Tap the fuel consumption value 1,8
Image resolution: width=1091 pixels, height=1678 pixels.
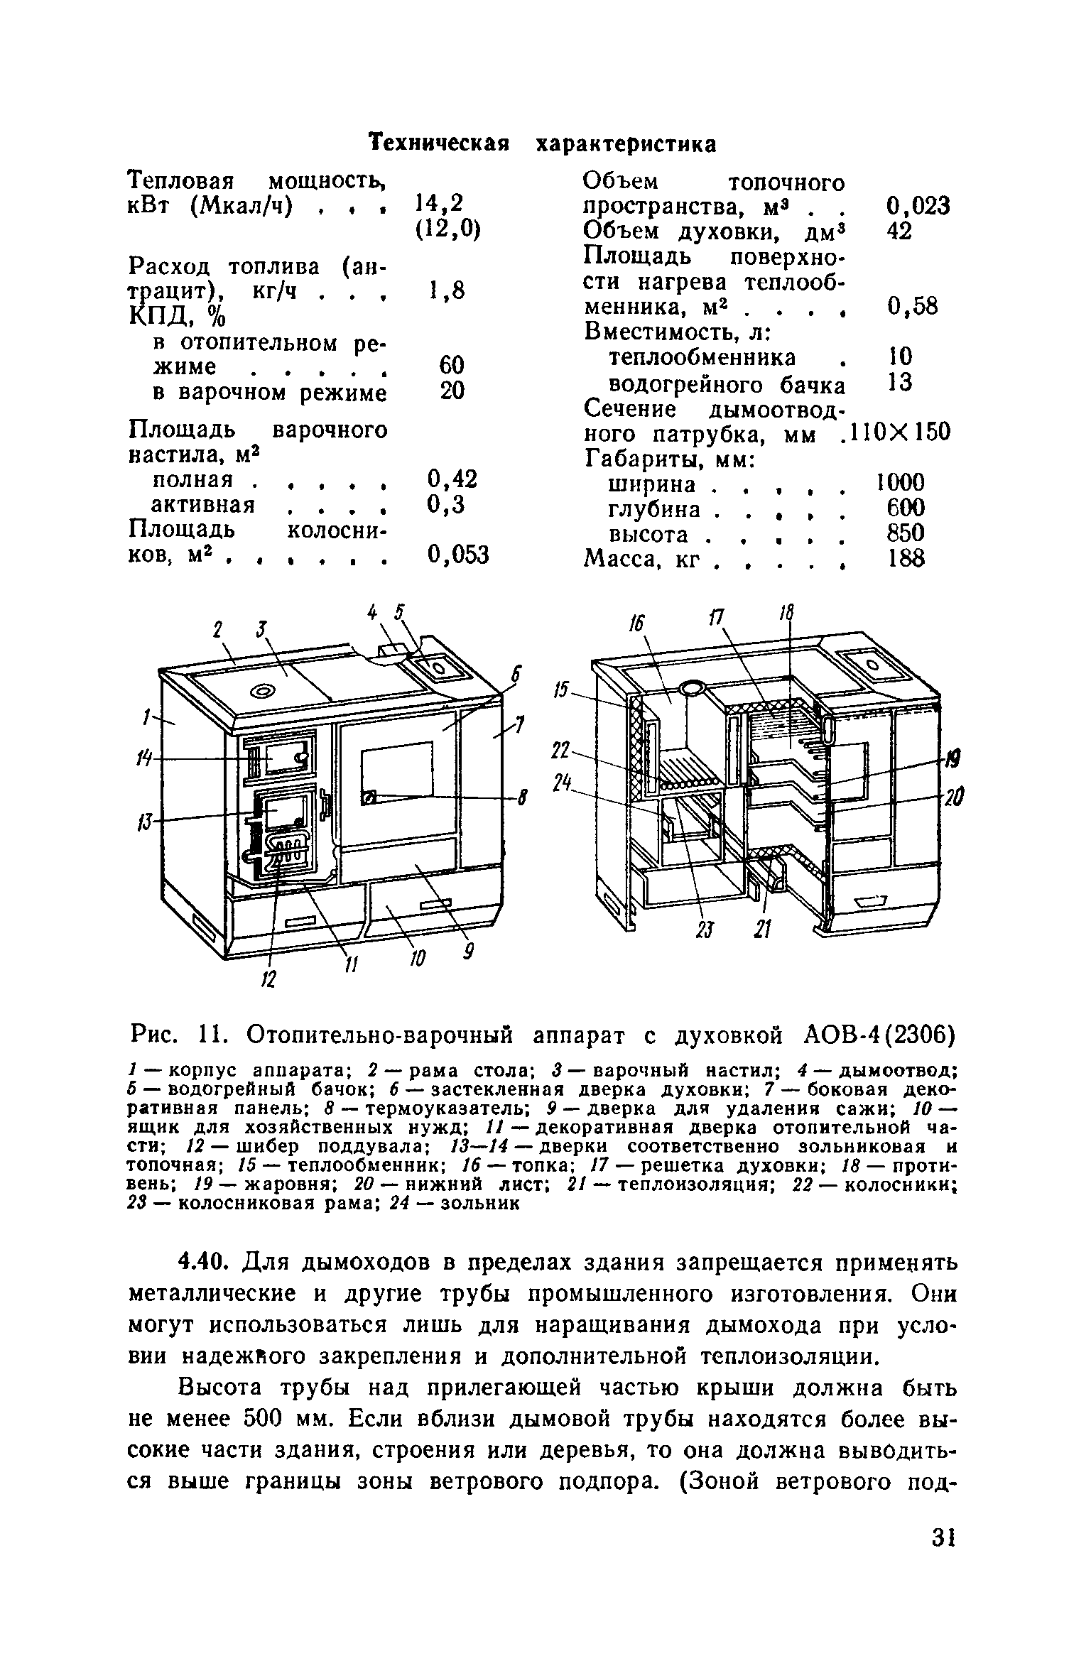pos(447,290)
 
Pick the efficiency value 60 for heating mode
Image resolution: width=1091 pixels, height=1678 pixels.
pos(452,366)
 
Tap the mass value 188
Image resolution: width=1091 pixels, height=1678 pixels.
pos(906,559)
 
